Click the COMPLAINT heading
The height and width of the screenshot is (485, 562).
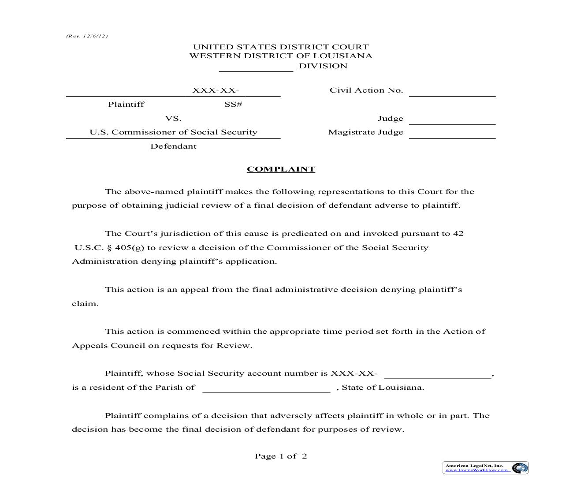click(281, 169)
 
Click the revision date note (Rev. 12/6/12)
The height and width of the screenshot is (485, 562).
click(87, 36)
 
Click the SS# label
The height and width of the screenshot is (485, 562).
click(233, 104)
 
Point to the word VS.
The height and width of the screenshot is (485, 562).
click(173, 119)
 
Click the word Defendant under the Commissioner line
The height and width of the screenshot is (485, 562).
click(173, 146)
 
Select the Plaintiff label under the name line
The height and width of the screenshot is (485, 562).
click(126, 104)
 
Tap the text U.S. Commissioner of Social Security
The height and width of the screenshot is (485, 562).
click(173, 132)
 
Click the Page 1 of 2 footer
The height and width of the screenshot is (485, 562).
click(281, 456)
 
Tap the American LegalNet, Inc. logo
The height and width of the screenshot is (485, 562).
click(485, 468)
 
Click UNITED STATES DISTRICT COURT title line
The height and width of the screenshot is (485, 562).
click(281, 47)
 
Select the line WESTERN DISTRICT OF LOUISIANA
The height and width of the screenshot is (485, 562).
click(281, 56)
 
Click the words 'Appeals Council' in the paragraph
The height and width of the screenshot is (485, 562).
click(108, 346)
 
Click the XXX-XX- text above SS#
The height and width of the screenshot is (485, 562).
click(216, 90)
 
